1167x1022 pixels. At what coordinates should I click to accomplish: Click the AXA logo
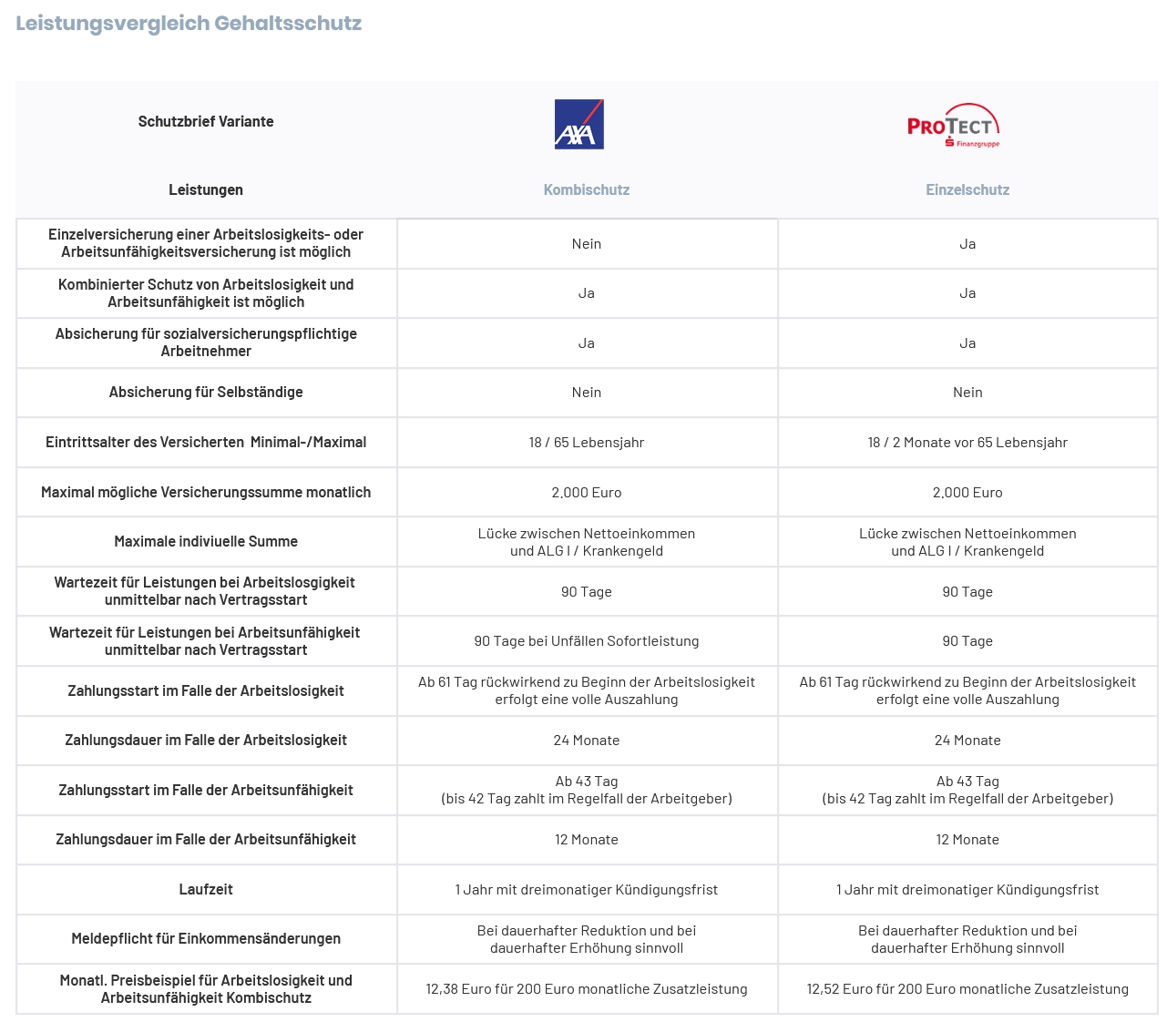click(579, 124)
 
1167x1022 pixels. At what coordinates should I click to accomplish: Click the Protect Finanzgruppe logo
click(954, 126)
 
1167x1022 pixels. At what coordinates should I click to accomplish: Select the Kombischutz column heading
click(587, 189)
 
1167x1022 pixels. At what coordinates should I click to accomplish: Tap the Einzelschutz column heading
click(967, 189)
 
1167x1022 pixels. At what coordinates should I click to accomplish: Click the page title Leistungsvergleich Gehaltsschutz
click(189, 24)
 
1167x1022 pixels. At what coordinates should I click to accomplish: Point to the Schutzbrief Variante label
click(206, 121)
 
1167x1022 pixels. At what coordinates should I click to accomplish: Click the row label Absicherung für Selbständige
click(206, 392)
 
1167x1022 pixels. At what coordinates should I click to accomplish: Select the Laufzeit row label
click(206, 889)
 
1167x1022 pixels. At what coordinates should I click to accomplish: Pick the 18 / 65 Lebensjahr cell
click(587, 442)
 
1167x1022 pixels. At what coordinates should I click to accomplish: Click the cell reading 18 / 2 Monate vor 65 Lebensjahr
click(967, 442)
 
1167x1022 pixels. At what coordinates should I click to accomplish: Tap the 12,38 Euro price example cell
click(587, 988)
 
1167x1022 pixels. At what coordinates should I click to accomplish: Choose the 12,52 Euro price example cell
click(967, 988)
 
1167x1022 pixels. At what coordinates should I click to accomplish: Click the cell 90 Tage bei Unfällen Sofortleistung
click(587, 640)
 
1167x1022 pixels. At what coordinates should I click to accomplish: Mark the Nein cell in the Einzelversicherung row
click(587, 243)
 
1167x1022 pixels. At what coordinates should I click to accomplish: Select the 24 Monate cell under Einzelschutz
click(967, 740)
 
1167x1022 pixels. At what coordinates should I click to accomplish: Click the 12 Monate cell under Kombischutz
click(587, 839)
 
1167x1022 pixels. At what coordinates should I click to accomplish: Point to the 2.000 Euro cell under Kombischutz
click(587, 492)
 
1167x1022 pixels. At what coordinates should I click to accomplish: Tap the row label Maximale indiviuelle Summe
click(206, 541)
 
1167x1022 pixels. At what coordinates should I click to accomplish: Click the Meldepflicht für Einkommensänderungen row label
click(206, 938)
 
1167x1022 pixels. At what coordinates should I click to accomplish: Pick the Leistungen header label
click(206, 189)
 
